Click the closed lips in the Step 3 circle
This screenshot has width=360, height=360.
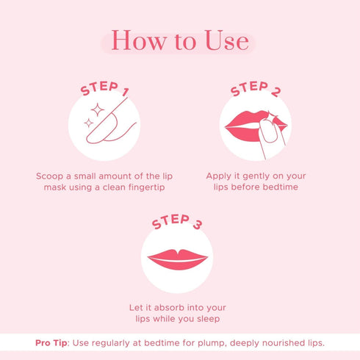(x=178, y=259)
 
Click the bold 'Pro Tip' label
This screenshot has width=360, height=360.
(x=52, y=343)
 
